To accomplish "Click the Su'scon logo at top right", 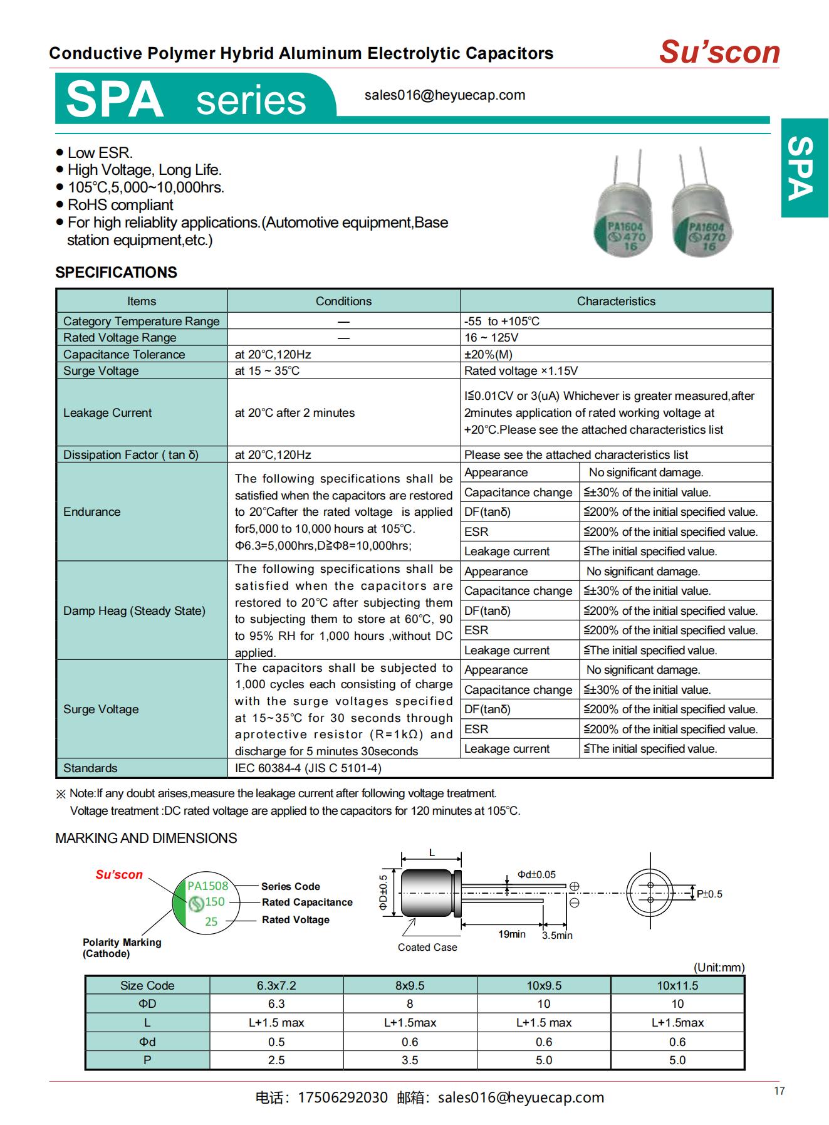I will click(719, 52).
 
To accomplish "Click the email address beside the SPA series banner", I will click(444, 95).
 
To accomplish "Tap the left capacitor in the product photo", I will click(623, 213).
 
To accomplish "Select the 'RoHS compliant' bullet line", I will click(120, 205).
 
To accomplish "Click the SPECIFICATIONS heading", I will click(116, 273).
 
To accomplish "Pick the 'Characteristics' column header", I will click(615, 301).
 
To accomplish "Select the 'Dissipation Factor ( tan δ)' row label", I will click(130, 455).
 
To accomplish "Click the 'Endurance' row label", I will click(91, 512).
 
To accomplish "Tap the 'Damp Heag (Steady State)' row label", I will click(134, 611).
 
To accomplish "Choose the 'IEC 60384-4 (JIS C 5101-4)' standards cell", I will click(308, 768).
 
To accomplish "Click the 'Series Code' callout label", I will click(290, 887).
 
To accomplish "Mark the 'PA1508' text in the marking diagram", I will click(208, 886).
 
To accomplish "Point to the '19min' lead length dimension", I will click(511, 934).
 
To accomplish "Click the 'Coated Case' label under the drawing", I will click(427, 948).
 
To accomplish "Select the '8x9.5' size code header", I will click(410, 986).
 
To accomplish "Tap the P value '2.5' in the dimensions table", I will click(276, 1060).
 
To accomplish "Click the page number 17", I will click(779, 1091).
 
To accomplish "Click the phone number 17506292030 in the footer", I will click(343, 1098).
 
